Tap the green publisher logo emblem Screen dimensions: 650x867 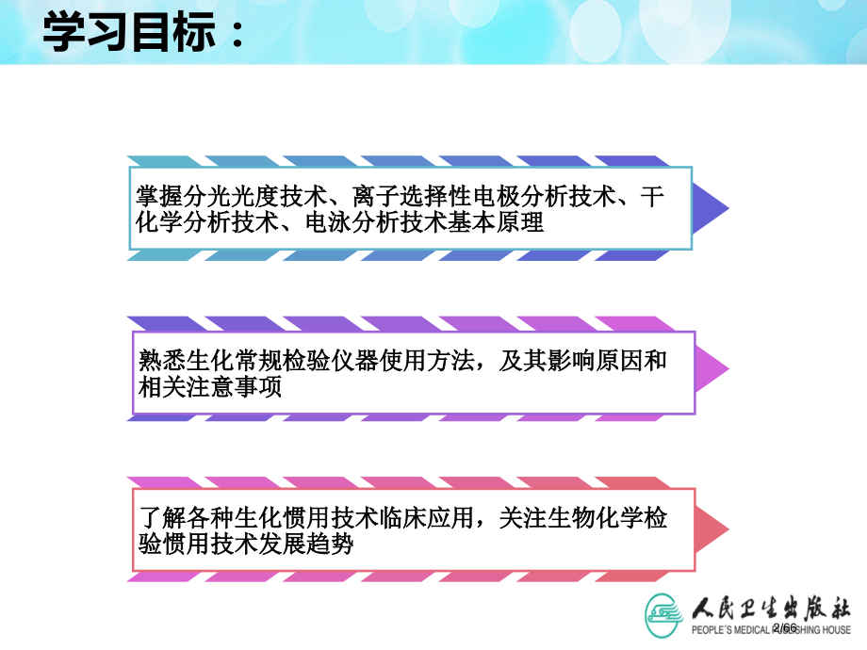point(665,613)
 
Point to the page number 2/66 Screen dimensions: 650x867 point(784,628)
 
